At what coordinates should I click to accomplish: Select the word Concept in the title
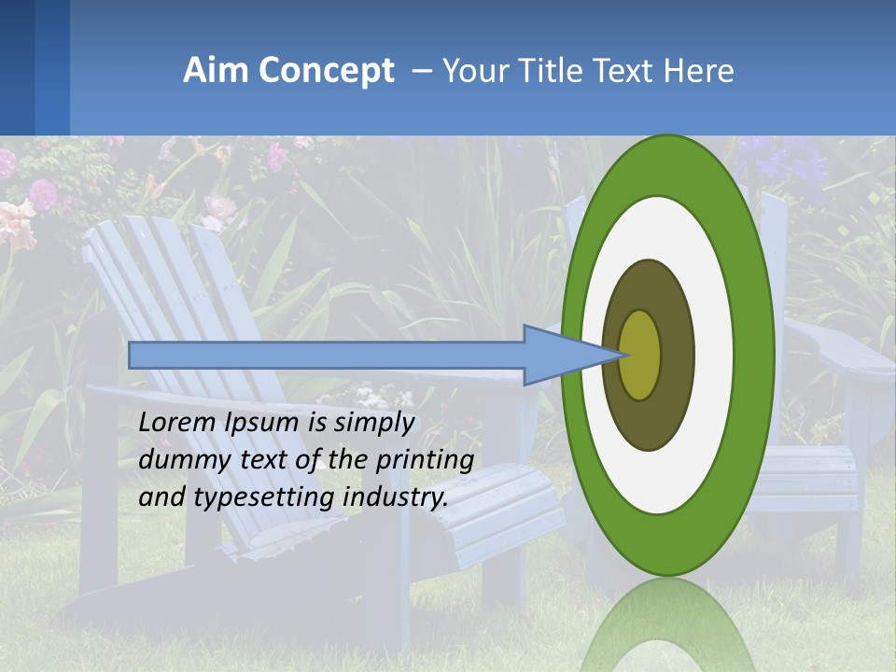tap(327, 71)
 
